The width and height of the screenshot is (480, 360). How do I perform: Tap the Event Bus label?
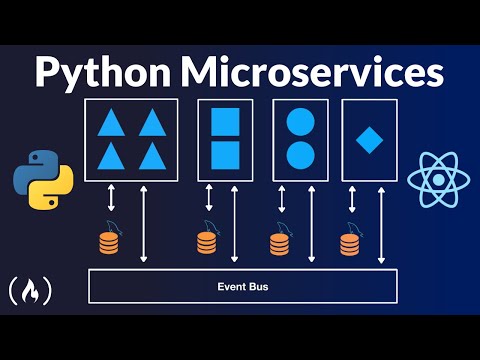pos(243,288)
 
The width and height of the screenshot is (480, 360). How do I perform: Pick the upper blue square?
pos(225,122)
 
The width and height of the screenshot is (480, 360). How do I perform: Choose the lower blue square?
pos(225,155)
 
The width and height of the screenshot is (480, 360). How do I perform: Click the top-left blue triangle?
pos(112,122)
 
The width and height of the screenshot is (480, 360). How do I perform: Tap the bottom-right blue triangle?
pos(150,156)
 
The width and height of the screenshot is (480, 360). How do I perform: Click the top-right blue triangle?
pos(150,122)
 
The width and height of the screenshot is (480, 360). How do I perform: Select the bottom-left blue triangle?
pos(112,156)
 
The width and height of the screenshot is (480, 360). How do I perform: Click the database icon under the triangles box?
pos(109,241)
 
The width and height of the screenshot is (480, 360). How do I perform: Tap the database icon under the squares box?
pos(206,241)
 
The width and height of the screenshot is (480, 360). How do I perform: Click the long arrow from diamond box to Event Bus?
pos(381,225)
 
